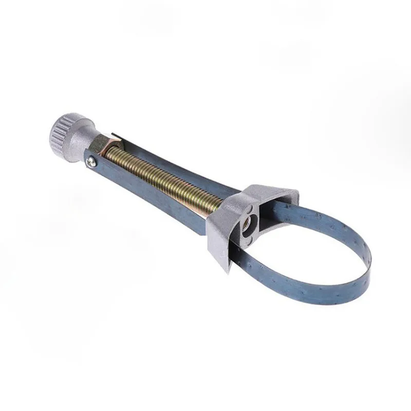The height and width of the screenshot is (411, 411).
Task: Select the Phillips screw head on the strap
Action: (90, 162)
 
